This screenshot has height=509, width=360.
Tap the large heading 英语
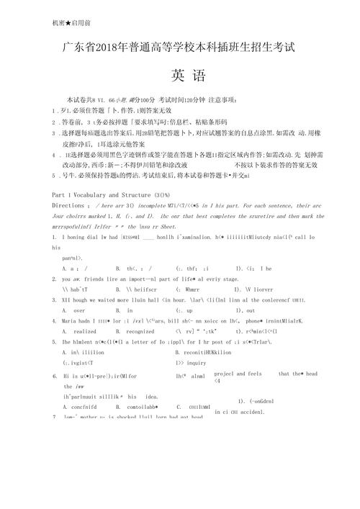188,74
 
